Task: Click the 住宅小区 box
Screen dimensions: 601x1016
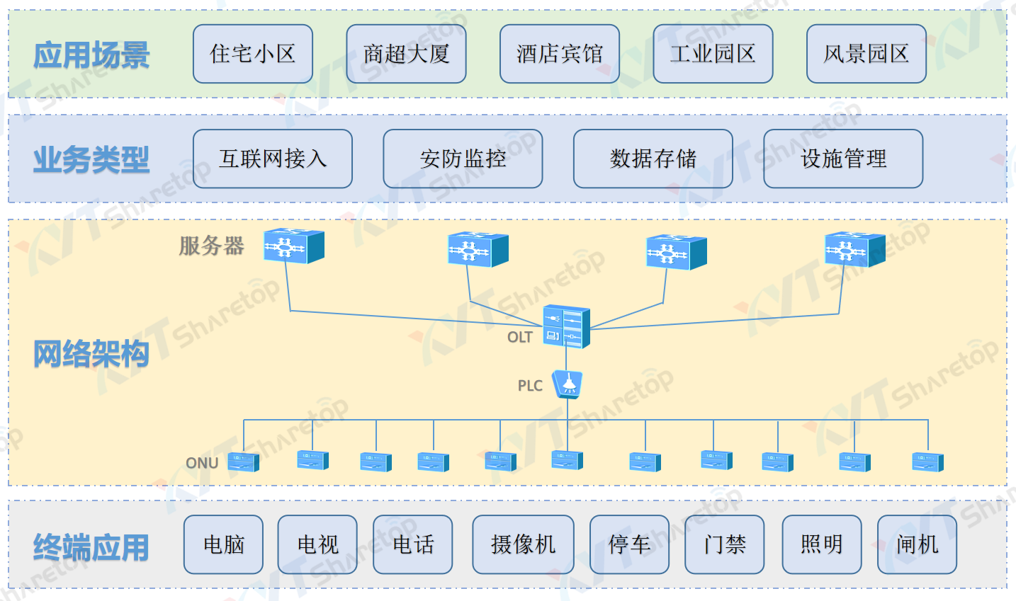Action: (253, 54)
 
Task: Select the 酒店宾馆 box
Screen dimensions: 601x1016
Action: (560, 54)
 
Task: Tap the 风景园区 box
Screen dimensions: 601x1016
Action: (867, 54)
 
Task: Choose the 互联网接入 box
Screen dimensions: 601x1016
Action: (273, 159)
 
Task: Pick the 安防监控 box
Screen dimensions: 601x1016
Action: (463, 159)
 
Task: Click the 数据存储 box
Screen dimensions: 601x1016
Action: (653, 159)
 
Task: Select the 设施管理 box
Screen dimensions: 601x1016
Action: (843, 159)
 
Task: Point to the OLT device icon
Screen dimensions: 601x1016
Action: (566, 326)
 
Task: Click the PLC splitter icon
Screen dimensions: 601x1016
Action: (568, 384)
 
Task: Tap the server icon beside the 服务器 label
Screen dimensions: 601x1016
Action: (294, 246)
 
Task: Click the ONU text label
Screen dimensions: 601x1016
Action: (202, 463)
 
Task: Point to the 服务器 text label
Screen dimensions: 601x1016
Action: (211, 246)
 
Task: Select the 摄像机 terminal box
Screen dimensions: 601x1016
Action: (523, 544)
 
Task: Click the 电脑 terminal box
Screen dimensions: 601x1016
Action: (223, 544)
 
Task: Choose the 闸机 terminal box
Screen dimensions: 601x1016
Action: (917, 544)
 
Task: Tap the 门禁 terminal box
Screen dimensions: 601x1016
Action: (724, 544)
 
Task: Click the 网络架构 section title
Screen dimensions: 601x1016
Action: (91, 353)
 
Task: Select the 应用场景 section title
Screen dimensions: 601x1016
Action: (91, 55)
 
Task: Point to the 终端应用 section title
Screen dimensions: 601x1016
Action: (91, 547)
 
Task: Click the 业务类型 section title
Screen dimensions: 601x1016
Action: (91, 159)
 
